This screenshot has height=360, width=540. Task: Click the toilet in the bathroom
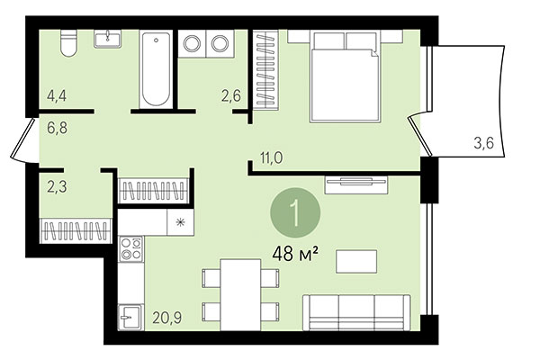coord(65,43)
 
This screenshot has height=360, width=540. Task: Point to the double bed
coord(345,74)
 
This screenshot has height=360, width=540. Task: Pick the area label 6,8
coord(57,128)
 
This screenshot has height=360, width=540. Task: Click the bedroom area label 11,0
coord(272,157)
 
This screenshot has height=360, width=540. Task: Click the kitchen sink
coord(130,317)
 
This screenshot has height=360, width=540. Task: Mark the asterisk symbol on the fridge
coord(180,221)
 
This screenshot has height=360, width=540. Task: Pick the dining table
coord(238,290)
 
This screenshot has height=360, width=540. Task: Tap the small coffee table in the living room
coord(357,260)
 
